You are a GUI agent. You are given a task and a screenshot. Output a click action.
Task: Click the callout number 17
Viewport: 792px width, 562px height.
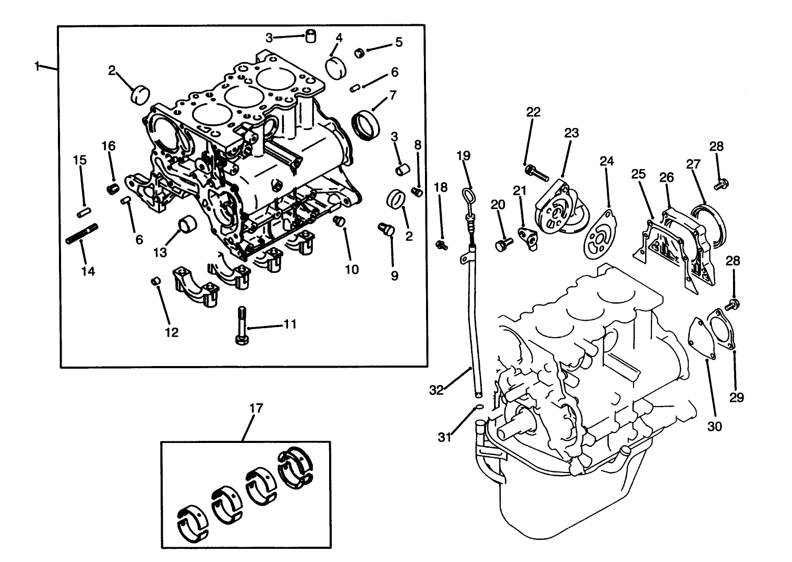(256, 408)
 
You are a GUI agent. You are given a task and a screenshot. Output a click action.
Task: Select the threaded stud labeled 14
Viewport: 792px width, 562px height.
(82, 233)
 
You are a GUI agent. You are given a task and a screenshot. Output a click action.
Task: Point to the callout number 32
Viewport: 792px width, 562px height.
(437, 390)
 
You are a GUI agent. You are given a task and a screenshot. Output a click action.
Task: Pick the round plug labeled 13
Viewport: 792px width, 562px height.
(188, 224)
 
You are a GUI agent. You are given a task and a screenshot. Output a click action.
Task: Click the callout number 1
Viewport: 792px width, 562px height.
(37, 66)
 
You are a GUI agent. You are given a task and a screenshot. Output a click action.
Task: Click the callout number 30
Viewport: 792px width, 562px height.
(714, 426)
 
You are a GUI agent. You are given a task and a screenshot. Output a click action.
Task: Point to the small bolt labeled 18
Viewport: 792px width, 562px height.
(442, 244)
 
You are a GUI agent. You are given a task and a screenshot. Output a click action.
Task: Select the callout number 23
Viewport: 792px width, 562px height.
(571, 133)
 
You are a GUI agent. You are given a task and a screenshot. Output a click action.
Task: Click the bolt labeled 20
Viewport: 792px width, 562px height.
(503, 244)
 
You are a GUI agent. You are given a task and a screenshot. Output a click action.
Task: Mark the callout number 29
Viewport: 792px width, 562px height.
(736, 397)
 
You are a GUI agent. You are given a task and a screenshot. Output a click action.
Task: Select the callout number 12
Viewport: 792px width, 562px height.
(172, 332)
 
